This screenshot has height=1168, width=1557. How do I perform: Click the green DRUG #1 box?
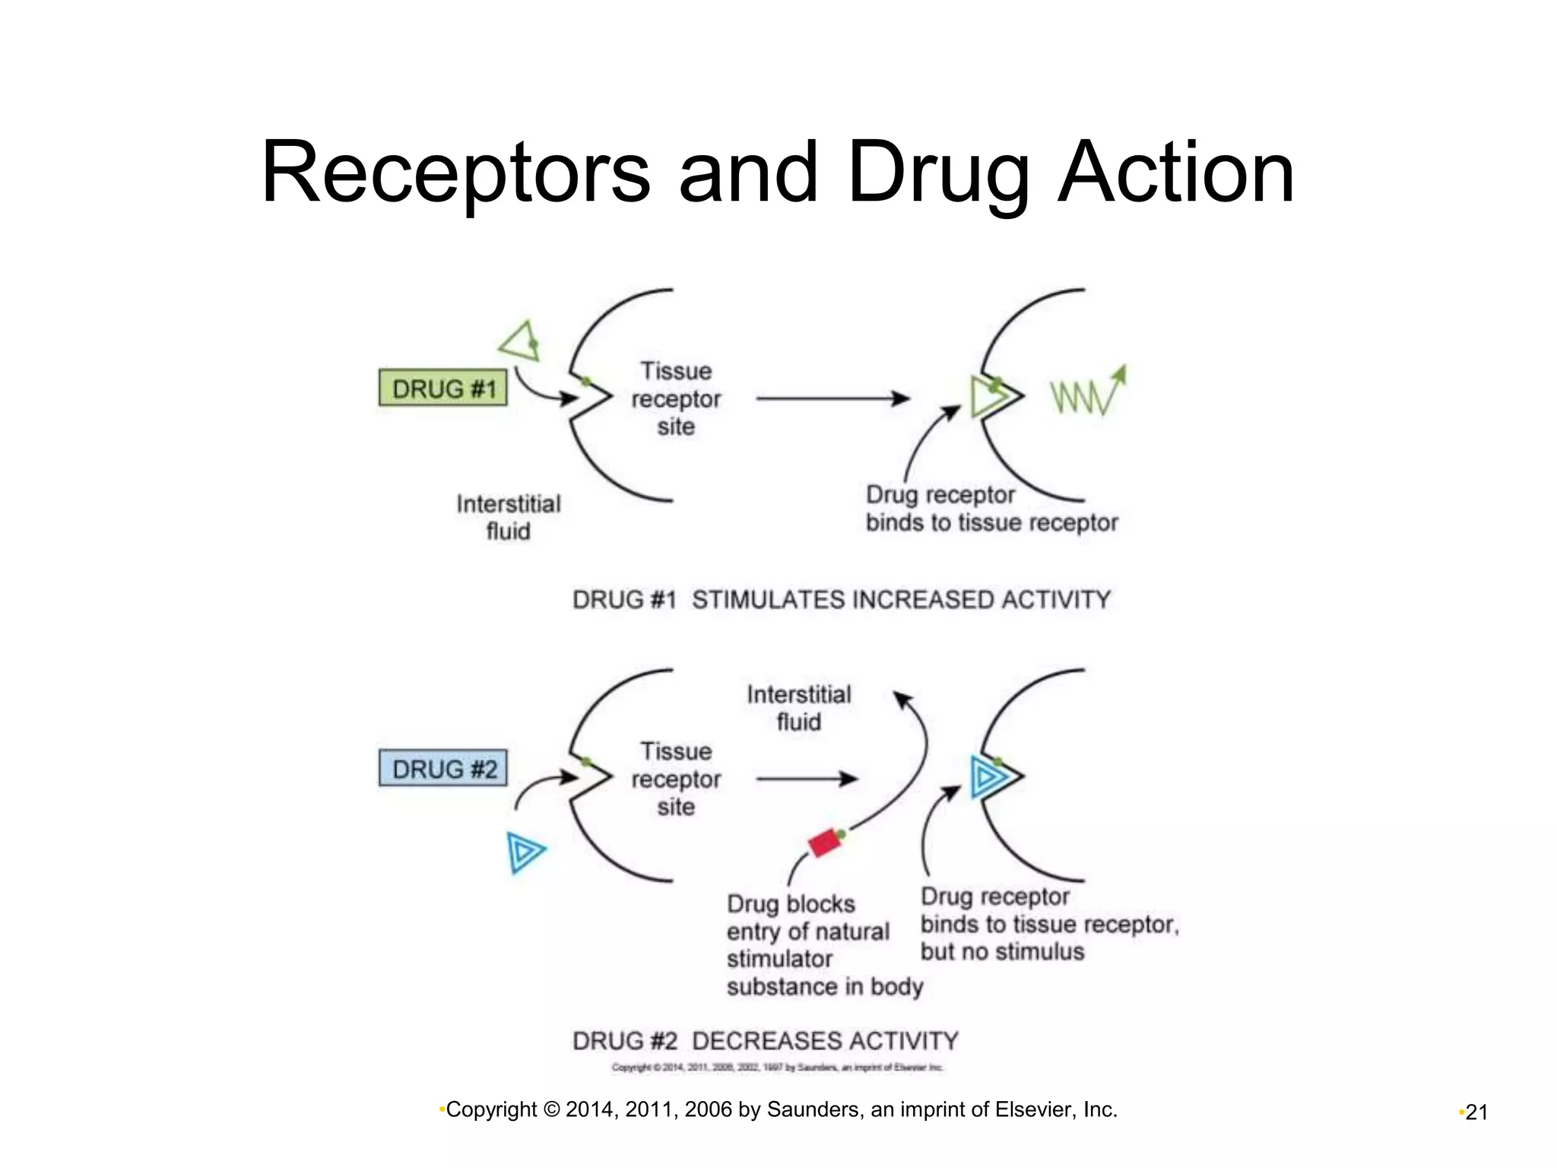443,388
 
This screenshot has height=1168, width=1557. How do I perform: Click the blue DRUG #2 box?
443,768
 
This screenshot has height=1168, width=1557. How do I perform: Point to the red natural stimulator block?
823,843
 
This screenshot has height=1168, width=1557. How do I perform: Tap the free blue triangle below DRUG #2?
525,852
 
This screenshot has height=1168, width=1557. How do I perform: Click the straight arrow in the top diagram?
832,398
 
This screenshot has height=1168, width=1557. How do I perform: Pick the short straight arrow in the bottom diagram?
807,779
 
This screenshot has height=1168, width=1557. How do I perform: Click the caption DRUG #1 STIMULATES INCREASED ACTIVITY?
841,600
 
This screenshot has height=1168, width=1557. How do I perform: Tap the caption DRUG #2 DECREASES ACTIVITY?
765,1040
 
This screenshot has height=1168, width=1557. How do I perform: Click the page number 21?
1476,1112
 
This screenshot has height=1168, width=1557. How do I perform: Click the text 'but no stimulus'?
1002,952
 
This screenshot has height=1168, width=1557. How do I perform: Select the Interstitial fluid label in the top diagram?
509,517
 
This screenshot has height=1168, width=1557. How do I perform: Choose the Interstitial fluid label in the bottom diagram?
799,708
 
